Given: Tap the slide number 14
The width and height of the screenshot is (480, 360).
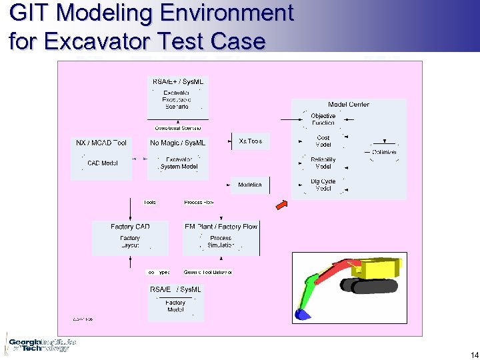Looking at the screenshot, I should click(x=474, y=355).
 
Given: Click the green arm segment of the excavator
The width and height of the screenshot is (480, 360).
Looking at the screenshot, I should click(x=310, y=288).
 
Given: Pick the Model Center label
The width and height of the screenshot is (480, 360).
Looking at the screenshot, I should click(x=348, y=105).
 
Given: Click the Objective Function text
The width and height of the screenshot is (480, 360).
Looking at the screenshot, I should click(x=323, y=119).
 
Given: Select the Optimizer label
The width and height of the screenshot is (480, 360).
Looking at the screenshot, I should click(x=384, y=153).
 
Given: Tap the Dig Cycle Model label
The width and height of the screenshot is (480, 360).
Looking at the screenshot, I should click(x=323, y=185).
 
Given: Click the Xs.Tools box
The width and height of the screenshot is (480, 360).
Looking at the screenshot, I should click(x=250, y=141).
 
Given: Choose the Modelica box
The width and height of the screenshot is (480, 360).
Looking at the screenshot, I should click(x=250, y=185).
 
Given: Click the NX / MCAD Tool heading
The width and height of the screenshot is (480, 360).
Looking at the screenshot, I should click(x=101, y=143).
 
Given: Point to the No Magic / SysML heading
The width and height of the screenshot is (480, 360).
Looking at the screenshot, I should click(x=178, y=143).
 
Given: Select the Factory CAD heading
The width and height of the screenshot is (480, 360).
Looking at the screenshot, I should click(x=130, y=227).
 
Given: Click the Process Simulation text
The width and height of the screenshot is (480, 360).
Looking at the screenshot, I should click(x=221, y=241).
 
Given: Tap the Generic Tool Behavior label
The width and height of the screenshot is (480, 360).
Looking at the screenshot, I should click(x=207, y=272).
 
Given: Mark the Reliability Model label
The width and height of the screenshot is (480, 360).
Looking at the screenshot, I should click(x=323, y=163).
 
